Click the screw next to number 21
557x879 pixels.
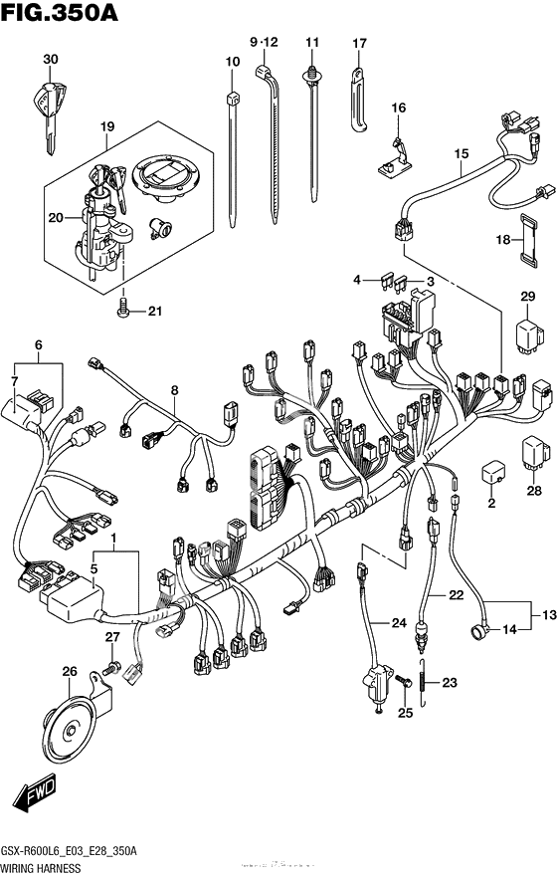pos(123,310)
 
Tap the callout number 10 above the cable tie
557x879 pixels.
pos(233,63)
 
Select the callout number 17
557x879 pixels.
pos(359,43)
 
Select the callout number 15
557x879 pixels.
pos(461,154)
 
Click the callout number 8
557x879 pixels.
pos(174,390)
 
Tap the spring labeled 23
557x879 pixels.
pos(427,682)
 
